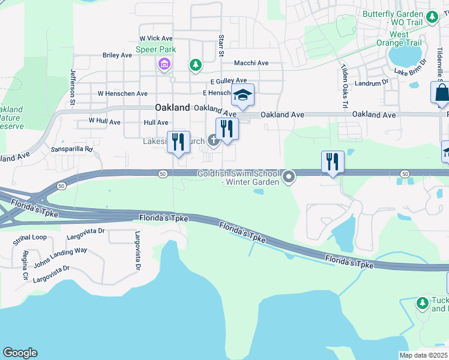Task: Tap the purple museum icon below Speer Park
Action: click(163, 64)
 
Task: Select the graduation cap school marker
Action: click(243, 95)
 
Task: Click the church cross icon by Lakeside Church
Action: click(213, 141)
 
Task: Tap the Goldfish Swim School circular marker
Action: click(289, 176)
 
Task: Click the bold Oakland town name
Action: click(172, 108)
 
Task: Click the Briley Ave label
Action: click(117, 55)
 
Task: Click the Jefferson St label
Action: click(73, 87)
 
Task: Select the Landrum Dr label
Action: click(368, 83)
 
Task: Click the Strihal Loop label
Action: click(30, 238)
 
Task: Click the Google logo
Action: click(20, 353)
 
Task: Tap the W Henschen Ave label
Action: click(122, 94)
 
